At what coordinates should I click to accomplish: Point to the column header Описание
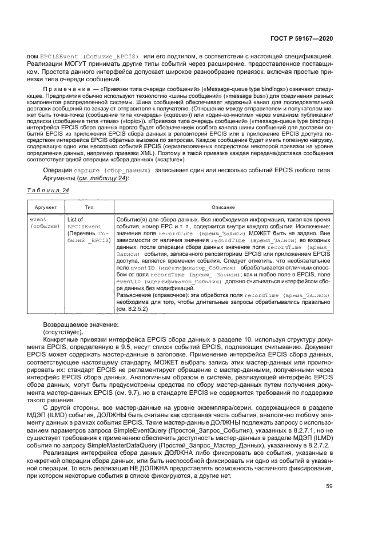click(x=223, y=206)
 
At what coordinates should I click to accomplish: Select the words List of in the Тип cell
click(x=75, y=219)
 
